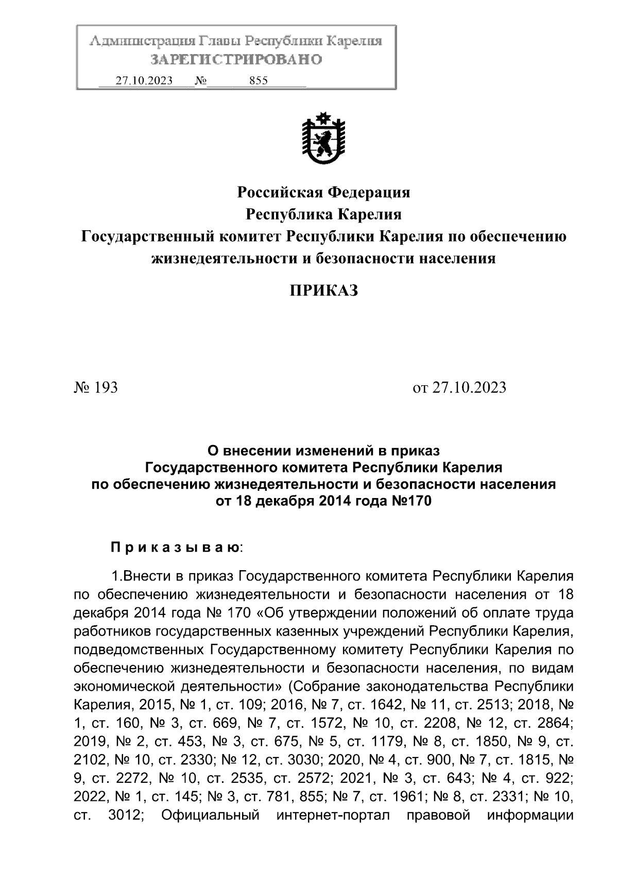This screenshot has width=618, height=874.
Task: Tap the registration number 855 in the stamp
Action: click(x=257, y=81)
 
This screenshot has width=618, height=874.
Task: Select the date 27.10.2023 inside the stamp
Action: click(x=144, y=81)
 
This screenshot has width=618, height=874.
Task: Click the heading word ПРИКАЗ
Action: click(x=323, y=292)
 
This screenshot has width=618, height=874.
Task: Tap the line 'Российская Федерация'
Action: click(x=323, y=193)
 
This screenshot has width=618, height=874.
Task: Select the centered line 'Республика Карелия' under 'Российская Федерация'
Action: click(x=323, y=214)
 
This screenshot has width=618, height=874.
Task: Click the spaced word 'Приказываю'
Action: click(x=174, y=548)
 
